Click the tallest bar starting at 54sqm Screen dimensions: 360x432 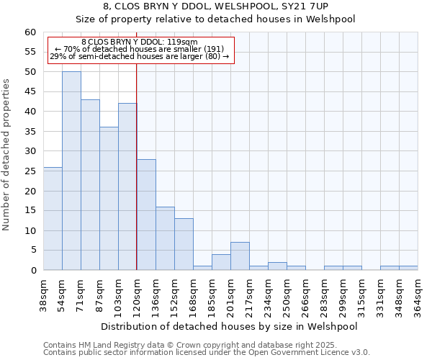pyautogui.click(x=71, y=171)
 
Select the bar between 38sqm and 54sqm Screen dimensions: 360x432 pyautogui.click(x=53, y=218)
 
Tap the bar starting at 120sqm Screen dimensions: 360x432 pyautogui.click(x=146, y=215)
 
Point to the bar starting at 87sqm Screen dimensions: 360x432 pyautogui.click(x=109, y=199)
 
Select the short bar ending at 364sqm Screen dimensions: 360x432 pyautogui.click(x=408, y=268)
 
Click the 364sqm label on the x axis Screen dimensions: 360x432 pyautogui.click(x=418, y=294)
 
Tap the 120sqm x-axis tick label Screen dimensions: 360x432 pyautogui.click(x=137, y=294)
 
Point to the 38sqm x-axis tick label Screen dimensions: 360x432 pyautogui.click(x=43, y=294)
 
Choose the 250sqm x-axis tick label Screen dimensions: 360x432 pyautogui.click(x=287, y=294)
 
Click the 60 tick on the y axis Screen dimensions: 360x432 pyautogui.click(x=30, y=32)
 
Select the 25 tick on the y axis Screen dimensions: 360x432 pyautogui.click(x=30, y=171)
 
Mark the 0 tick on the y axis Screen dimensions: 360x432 pyautogui.click(x=32, y=271)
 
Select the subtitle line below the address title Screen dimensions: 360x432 pyautogui.click(x=215, y=19)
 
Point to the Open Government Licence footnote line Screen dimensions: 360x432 pyautogui.click(x=206, y=352)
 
